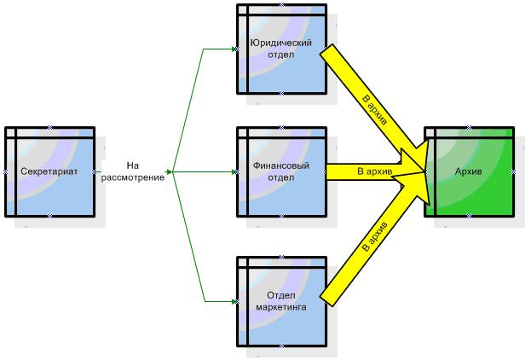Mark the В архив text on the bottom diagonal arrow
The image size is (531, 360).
pos(375,236)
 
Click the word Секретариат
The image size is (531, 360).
pos(49,171)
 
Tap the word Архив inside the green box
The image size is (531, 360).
pos(469,171)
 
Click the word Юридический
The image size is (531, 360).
pos(281,42)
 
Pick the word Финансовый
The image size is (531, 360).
pos(281,165)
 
